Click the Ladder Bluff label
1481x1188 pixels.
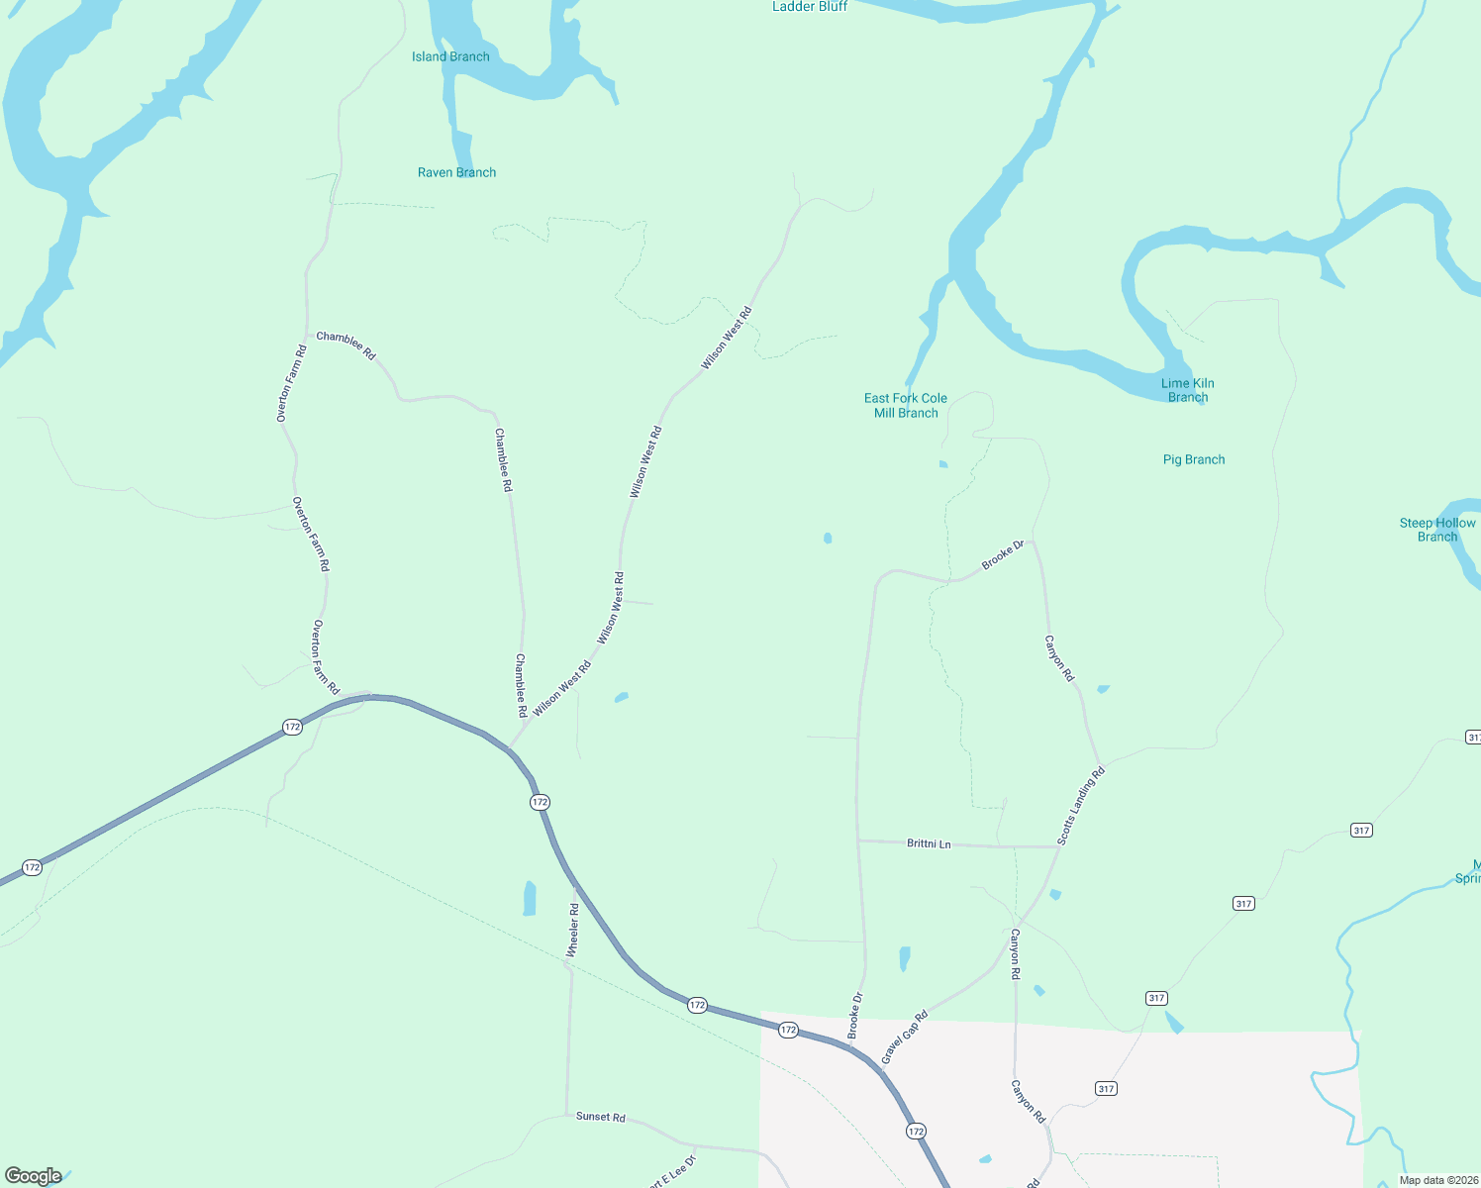(x=810, y=7)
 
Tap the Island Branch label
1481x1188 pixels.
(x=450, y=56)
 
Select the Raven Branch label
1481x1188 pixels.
(x=456, y=172)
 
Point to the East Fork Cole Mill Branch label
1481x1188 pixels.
(x=906, y=406)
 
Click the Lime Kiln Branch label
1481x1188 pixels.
(x=1188, y=390)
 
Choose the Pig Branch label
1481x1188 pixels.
(x=1194, y=459)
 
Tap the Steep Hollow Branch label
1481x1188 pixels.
(x=1437, y=530)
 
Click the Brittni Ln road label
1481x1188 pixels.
(x=929, y=843)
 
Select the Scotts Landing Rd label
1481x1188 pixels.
(x=1080, y=806)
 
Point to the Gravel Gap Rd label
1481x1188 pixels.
(x=905, y=1037)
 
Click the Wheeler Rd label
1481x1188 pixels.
(x=572, y=930)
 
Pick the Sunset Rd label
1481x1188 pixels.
(x=601, y=1117)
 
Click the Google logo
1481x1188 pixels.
(x=34, y=1176)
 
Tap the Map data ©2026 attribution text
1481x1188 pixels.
(x=1438, y=1180)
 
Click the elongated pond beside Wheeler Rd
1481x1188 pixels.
(x=530, y=899)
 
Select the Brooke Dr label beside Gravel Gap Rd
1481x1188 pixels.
(x=855, y=1015)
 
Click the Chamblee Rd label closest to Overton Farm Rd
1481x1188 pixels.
(x=346, y=346)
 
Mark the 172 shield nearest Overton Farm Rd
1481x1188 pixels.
(x=292, y=727)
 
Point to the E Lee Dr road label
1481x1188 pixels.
(x=673, y=1170)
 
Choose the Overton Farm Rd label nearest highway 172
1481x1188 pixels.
(x=326, y=657)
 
